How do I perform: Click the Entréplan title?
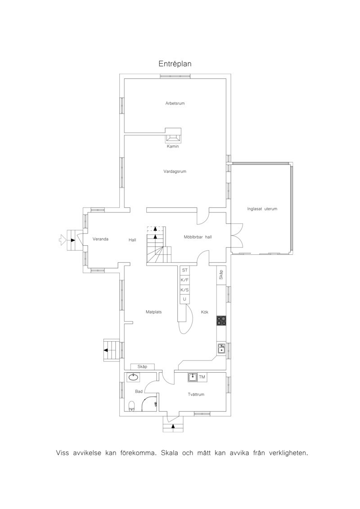(175, 63)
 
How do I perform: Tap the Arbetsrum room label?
(175, 103)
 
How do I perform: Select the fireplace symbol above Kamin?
(173, 135)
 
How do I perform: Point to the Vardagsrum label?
(175, 171)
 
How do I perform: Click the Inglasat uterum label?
(262, 209)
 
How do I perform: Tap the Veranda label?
(100, 239)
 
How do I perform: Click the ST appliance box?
(184, 270)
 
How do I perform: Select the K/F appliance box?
(184, 279)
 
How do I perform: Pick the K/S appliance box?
(184, 289)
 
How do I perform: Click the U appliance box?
(184, 299)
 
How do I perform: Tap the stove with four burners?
(222, 320)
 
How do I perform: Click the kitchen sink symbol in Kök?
(222, 349)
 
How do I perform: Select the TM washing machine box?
(202, 377)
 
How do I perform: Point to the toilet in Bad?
(131, 406)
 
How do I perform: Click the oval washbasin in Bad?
(133, 377)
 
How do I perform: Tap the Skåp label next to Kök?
(221, 275)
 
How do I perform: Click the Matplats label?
(153, 312)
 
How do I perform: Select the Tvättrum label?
(196, 394)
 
